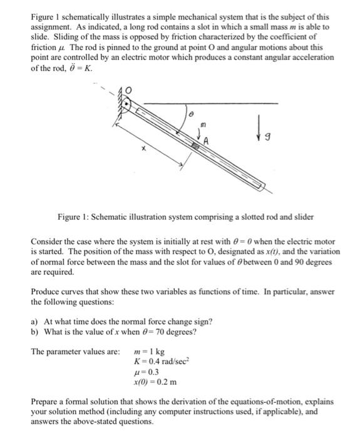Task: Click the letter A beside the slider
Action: point(205,140)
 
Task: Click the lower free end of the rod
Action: point(267,186)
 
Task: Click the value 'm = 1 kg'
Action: point(152,352)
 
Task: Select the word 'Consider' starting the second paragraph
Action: point(48,241)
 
